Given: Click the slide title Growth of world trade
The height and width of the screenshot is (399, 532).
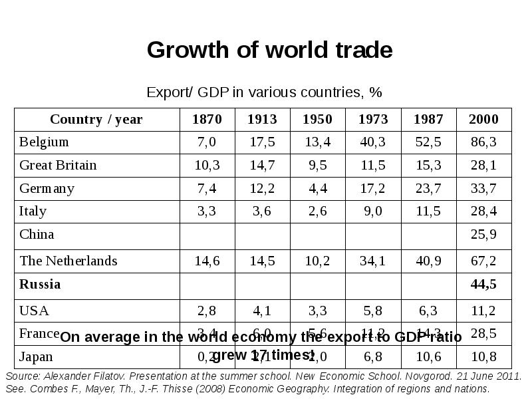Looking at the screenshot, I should (x=269, y=51).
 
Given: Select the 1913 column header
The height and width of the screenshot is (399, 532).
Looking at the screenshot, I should (x=262, y=120).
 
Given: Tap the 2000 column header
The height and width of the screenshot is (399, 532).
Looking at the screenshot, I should (x=483, y=120).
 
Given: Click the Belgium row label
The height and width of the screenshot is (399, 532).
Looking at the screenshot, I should (x=44, y=142).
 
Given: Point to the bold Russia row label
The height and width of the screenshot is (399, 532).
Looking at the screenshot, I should (x=40, y=285).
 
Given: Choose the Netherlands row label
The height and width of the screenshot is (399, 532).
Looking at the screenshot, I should (x=68, y=261).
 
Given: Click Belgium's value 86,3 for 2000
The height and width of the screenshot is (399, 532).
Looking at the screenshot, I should (x=483, y=142).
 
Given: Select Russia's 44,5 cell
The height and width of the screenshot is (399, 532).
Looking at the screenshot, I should (x=483, y=285).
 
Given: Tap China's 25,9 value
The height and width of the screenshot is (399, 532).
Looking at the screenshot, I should (x=483, y=235).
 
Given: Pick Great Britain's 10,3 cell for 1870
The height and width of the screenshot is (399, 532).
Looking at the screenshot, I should (x=207, y=166).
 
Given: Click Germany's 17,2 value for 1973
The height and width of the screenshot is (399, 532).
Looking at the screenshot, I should (x=373, y=189).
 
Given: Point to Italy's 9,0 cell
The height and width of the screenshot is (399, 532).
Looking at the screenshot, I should (x=373, y=211).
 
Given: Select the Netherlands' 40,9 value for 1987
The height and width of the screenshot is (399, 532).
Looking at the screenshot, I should (x=428, y=261).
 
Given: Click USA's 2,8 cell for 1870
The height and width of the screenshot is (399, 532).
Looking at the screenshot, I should (x=207, y=311).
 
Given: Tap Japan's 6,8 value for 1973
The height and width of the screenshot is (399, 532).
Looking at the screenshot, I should (x=373, y=357).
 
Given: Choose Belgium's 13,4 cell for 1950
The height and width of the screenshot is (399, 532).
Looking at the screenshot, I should (x=317, y=142).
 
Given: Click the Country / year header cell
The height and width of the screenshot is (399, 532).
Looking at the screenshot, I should (x=96, y=120).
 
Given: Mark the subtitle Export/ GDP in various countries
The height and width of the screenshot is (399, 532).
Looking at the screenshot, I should (x=264, y=92).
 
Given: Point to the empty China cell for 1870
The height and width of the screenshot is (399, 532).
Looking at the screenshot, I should (x=207, y=235).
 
